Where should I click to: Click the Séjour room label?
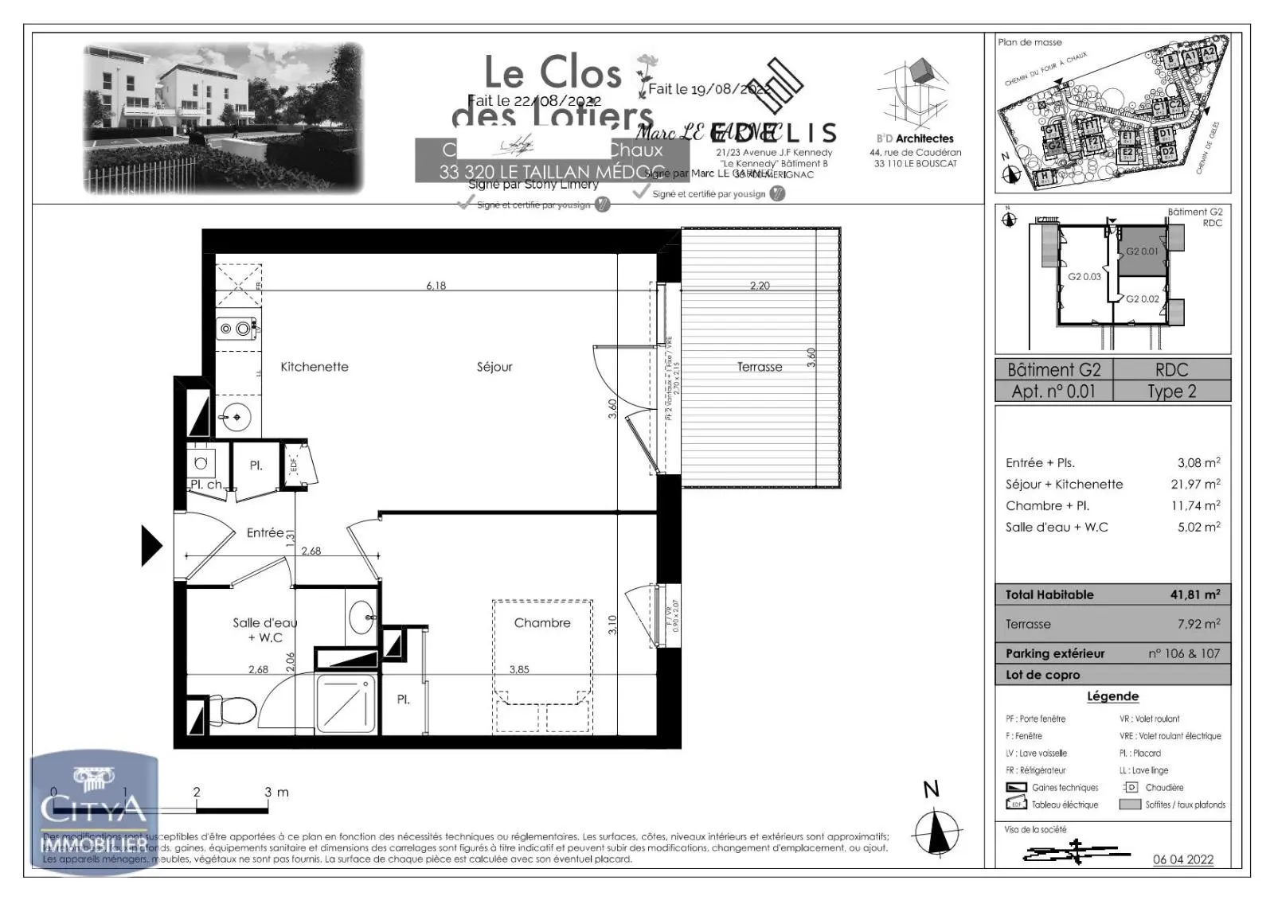click(494, 367)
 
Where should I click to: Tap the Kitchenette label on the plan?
click(315, 367)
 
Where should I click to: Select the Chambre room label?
click(542, 623)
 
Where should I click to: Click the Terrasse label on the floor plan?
click(759, 367)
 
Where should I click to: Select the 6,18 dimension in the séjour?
click(436, 286)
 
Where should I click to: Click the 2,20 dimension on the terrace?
click(760, 286)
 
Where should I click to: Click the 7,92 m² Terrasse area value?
click(1198, 624)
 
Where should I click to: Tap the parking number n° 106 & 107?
click(1183, 653)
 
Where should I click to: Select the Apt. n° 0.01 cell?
click(1053, 392)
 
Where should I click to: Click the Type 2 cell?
click(1171, 392)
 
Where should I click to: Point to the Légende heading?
click(1112, 696)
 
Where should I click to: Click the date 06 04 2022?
click(1183, 859)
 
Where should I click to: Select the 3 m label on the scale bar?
click(276, 792)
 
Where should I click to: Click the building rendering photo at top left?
click(224, 118)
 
